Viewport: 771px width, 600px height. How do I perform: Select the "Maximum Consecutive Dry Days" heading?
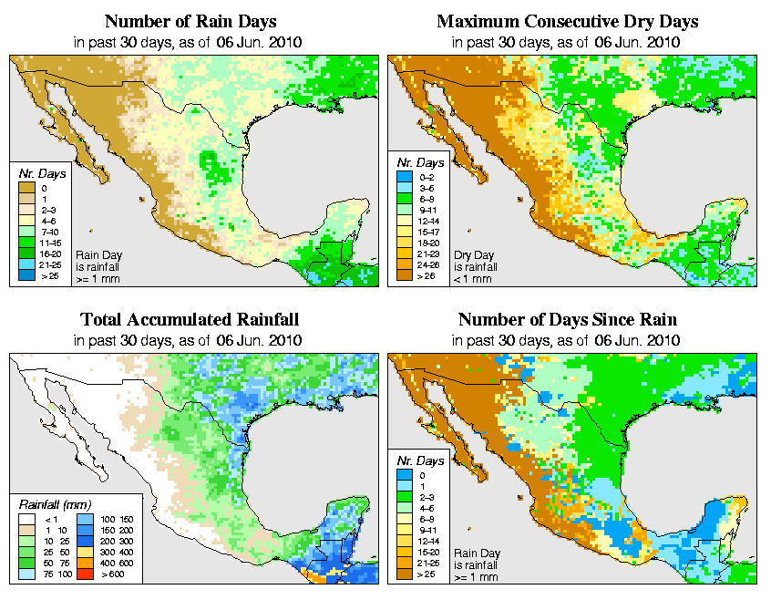tap(568, 21)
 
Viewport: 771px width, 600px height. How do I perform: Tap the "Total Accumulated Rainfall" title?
tap(190, 320)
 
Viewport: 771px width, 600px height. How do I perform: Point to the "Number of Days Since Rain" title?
tap(568, 320)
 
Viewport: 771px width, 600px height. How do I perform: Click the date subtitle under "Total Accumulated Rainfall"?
tap(190, 340)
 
